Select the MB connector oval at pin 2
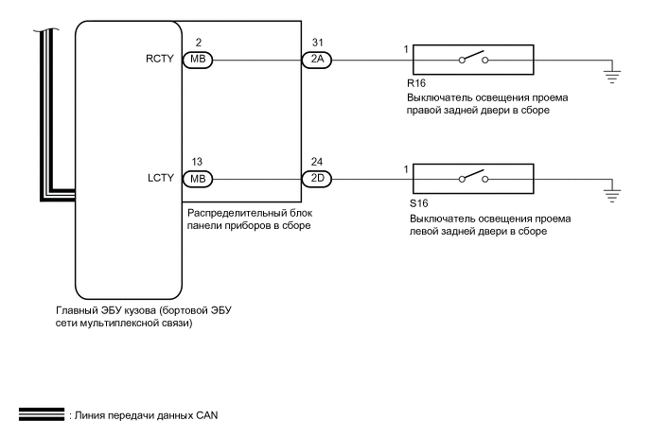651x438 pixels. point(198,59)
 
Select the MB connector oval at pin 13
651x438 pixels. point(198,176)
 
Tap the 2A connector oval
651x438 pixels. point(316,59)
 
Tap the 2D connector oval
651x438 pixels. point(316,176)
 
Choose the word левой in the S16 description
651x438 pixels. point(424,230)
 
